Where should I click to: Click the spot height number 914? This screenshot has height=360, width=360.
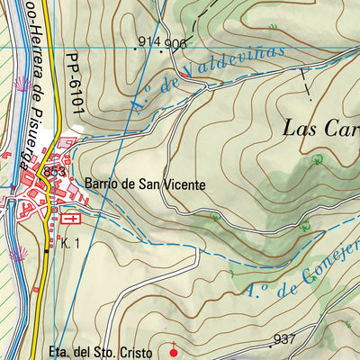pos(149,42)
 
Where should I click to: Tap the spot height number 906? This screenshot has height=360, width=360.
pos(176,43)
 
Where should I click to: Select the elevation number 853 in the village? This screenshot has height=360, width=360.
pos(55,173)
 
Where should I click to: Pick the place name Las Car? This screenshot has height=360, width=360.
pos(320,127)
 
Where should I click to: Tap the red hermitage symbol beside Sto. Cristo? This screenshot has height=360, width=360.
pos(174,345)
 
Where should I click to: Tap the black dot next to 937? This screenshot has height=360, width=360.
pos(269,345)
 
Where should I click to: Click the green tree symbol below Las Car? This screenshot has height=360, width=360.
pos(317,160)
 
